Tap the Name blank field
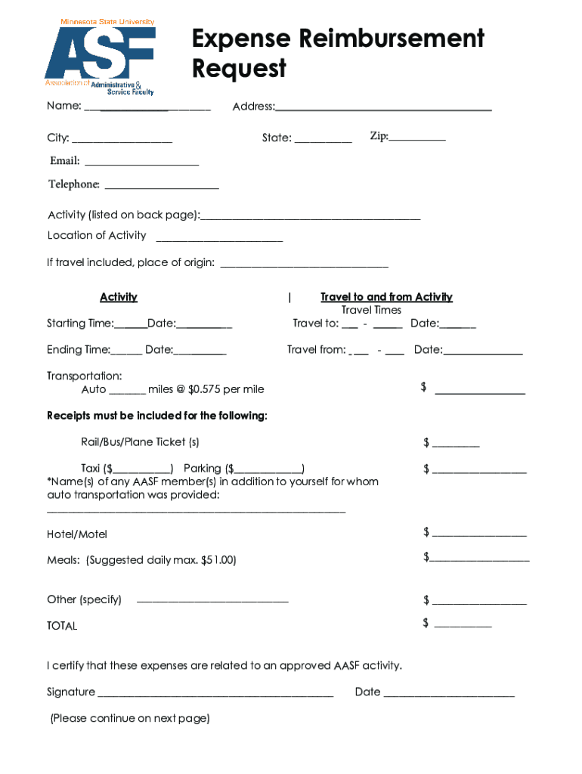[147, 110]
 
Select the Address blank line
[384, 110]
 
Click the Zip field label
[379, 136]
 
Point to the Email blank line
[141, 164]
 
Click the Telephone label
[74, 184]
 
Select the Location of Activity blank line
[219, 240]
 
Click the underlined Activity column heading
[119, 297]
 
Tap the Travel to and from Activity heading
[386, 297]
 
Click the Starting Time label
[80, 324]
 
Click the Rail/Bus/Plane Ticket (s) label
[140, 441]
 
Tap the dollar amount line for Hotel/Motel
[479, 535]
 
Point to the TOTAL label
[62, 626]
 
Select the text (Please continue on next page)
[130, 718]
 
